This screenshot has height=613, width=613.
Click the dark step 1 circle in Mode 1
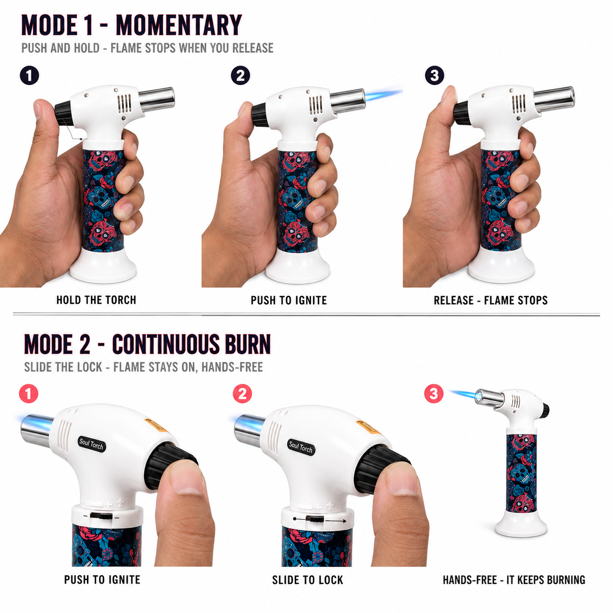(x=29, y=76)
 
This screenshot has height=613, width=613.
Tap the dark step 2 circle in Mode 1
(x=240, y=76)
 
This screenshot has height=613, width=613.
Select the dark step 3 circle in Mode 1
(x=434, y=76)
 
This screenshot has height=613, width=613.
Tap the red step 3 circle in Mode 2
(x=434, y=394)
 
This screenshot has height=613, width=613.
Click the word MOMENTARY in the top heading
(x=179, y=25)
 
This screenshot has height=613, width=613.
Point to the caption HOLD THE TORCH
(x=96, y=300)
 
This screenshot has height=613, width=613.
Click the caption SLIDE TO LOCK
(x=307, y=580)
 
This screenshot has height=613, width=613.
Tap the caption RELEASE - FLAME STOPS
(x=490, y=300)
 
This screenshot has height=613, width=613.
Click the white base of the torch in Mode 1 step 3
(x=501, y=265)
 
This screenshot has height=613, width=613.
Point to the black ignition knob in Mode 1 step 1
(x=64, y=113)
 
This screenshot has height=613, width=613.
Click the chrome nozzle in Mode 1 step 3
(x=554, y=100)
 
